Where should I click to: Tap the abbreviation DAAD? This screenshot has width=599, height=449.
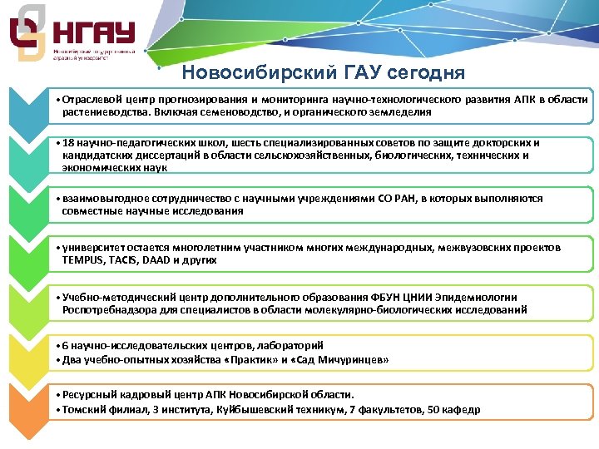[156, 260]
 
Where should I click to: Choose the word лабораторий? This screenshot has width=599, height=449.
[288, 345]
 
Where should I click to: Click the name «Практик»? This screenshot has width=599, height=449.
[258, 359]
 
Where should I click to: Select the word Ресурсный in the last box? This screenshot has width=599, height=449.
[87, 395]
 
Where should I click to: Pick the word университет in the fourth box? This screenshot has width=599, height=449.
[92, 248]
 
